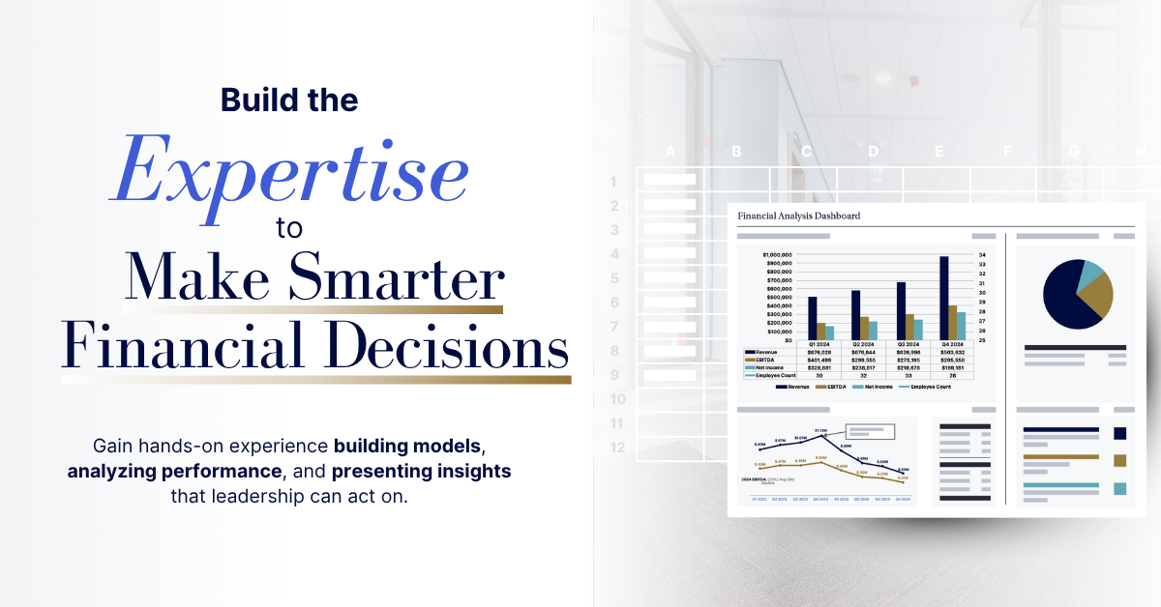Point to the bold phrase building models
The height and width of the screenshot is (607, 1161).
point(407,448)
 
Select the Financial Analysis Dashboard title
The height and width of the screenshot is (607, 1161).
point(798,216)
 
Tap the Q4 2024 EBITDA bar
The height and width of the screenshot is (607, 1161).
point(953,323)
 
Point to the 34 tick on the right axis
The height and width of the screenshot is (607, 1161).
point(982,255)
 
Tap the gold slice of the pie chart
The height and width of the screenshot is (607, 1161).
point(1098,301)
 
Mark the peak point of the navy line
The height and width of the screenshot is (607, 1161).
point(821,435)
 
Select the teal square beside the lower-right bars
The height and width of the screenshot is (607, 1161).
point(1120,488)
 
